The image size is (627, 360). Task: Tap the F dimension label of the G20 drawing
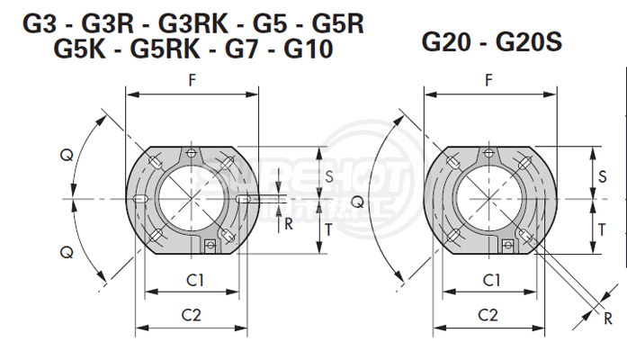488,80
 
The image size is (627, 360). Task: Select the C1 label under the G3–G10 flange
193,280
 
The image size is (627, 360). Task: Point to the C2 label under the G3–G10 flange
192,314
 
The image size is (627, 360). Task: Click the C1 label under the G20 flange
490,280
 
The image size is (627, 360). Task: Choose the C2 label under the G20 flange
488,314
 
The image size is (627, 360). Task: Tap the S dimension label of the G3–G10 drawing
329,176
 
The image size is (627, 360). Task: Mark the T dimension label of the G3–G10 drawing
329,229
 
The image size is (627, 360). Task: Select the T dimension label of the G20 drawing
601,229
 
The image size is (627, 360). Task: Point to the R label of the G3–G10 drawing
288,224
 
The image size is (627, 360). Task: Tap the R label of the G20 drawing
608,318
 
